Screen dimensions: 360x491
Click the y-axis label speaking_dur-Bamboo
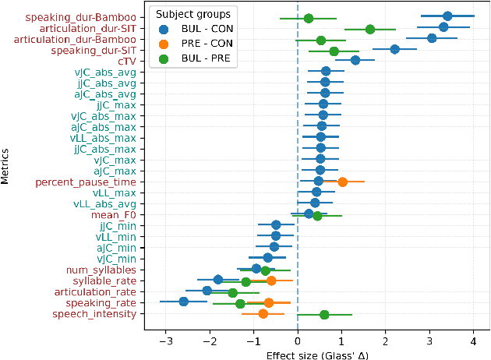80,16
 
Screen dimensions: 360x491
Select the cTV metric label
127,61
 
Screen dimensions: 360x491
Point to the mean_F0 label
114,214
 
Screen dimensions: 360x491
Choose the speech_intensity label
94,314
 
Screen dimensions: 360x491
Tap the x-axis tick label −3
165,340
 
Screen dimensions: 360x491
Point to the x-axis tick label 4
473,340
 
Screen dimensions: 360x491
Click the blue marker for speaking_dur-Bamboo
447,16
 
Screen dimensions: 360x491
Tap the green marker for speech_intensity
324,314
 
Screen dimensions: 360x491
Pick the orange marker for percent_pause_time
343,182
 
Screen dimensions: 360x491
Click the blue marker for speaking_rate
184,302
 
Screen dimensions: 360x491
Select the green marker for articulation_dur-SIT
370,29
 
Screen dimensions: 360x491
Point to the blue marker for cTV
355,61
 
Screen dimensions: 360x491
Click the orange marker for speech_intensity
263,314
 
